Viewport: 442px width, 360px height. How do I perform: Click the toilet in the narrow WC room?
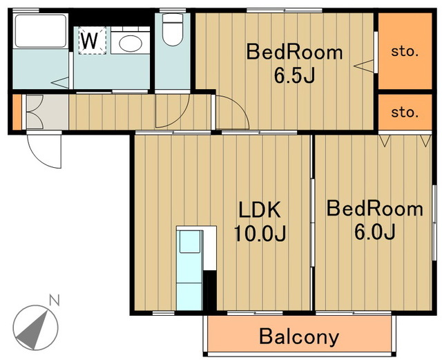(x=173, y=29)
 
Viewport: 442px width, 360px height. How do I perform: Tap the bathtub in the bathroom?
(x=41, y=31)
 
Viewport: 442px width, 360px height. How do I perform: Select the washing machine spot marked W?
(x=93, y=40)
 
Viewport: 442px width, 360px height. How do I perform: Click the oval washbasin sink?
(x=131, y=43)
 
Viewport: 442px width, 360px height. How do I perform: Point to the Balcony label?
(x=299, y=337)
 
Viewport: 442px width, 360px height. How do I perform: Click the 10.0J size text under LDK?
(x=260, y=233)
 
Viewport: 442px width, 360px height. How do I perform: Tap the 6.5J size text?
(x=294, y=75)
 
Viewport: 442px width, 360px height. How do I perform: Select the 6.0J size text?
(x=374, y=231)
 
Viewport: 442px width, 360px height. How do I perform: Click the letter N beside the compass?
(x=55, y=300)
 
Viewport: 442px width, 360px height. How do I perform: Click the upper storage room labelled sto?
(x=405, y=50)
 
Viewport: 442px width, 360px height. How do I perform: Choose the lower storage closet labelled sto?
(x=405, y=113)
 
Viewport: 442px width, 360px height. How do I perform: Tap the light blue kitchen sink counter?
(x=189, y=270)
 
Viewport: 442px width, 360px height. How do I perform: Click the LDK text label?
(x=260, y=209)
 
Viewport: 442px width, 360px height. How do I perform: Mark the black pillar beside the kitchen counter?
(x=209, y=291)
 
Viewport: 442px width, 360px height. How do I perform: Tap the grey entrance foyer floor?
(x=48, y=112)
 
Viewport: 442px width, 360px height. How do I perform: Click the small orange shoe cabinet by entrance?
(x=17, y=112)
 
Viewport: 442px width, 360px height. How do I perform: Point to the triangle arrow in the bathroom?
(x=60, y=82)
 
